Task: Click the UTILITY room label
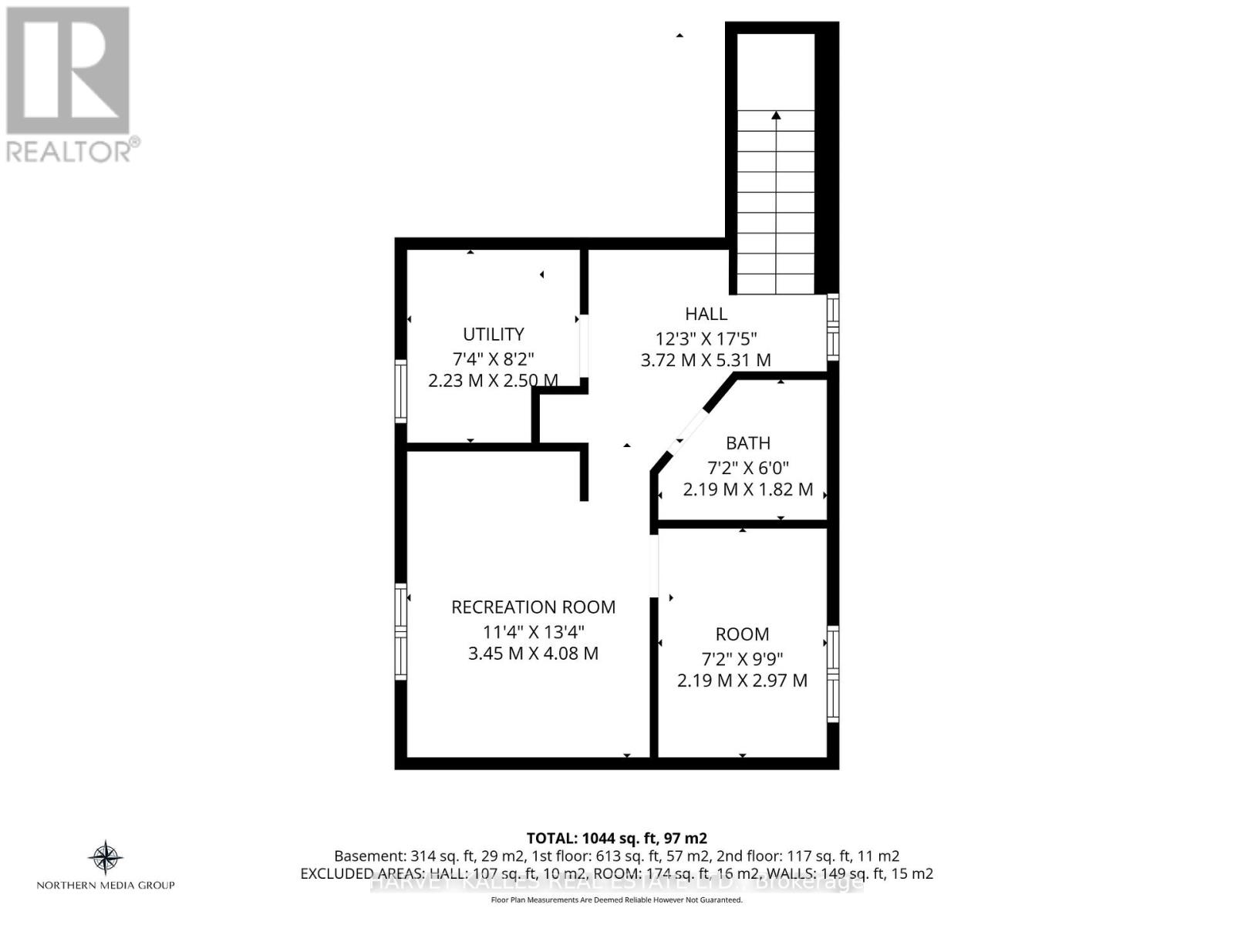493,334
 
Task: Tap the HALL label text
706,314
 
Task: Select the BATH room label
747,442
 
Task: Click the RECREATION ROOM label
533,607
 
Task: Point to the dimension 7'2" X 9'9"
742,658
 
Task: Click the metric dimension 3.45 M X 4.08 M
533,654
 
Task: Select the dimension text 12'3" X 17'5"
706,338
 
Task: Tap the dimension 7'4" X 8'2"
493,358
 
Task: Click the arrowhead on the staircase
776,116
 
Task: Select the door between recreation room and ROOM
654,566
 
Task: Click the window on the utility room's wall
400,391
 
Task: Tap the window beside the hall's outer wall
833,327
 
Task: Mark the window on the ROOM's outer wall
833,674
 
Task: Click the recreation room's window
400,631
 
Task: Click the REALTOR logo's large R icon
68,71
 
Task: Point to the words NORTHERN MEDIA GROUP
106,885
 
